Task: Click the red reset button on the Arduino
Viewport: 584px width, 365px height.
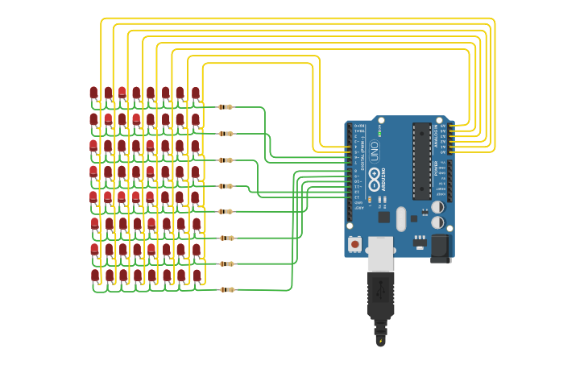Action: click(354, 243)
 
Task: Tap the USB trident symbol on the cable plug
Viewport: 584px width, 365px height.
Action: click(381, 285)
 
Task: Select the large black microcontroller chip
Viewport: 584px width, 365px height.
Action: click(421, 161)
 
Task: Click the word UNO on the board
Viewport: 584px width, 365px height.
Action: click(375, 150)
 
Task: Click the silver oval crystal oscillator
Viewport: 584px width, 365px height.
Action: click(401, 218)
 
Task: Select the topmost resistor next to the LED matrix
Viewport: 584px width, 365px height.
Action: click(226, 107)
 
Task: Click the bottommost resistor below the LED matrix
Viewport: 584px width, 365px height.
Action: click(227, 289)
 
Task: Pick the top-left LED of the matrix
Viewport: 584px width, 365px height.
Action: click(93, 93)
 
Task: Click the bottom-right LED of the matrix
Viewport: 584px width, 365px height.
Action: click(197, 276)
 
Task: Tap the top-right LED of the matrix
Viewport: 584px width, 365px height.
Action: click(195, 93)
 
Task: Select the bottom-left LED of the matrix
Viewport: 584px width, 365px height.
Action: click(95, 276)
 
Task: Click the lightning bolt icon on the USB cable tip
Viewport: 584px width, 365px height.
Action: click(380, 341)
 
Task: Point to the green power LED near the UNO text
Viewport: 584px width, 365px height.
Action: click(380, 133)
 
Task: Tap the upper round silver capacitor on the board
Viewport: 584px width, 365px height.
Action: click(437, 207)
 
